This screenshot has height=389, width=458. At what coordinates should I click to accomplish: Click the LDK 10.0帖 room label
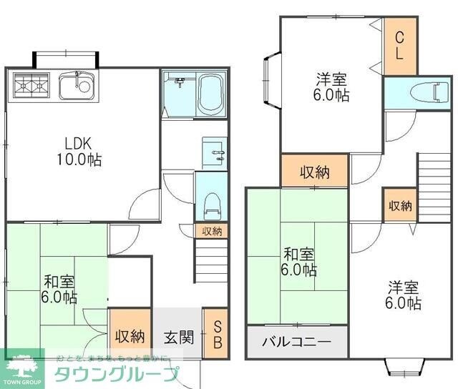[79, 151]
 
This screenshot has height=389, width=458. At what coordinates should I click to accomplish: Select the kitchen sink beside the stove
[75, 87]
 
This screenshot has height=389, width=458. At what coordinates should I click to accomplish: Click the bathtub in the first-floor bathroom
[212, 94]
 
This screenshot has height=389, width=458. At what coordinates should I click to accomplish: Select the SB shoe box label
[218, 335]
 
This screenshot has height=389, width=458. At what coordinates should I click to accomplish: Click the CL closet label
[399, 44]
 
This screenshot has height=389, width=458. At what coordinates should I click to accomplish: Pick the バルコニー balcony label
[296, 341]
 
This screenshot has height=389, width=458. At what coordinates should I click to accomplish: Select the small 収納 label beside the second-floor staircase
[400, 206]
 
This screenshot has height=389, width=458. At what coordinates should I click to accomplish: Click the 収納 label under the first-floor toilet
[211, 231]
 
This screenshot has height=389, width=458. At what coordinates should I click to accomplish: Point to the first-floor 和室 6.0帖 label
[59, 290]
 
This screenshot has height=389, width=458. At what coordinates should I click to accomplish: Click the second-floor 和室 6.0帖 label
[298, 262]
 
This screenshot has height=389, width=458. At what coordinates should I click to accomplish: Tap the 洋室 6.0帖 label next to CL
[331, 87]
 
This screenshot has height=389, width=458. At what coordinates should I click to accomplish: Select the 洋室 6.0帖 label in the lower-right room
[403, 295]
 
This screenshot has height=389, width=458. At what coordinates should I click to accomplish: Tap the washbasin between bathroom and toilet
[213, 152]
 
